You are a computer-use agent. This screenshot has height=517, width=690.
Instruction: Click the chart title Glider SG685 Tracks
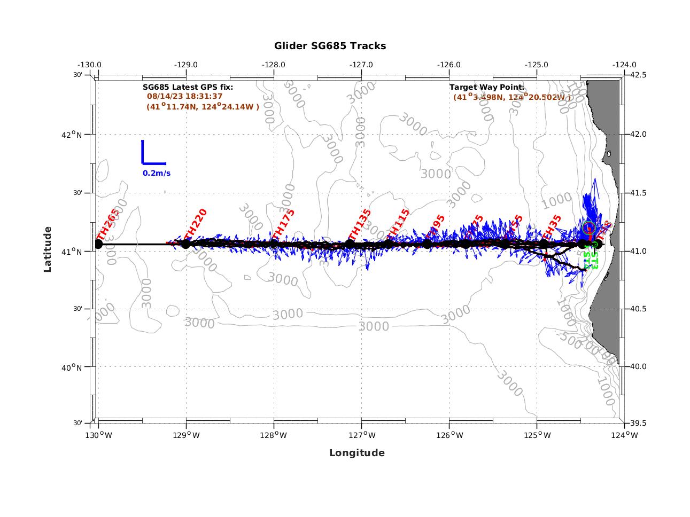point(330,46)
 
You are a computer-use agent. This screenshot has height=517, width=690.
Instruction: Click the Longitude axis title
point(356,453)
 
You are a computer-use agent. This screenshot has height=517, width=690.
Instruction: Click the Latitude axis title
point(48,249)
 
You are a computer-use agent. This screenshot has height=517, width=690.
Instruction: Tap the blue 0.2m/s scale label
point(157,173)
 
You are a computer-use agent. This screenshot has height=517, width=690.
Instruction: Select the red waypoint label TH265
point(107,224)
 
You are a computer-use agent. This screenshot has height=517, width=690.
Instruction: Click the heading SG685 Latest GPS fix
point(188,87)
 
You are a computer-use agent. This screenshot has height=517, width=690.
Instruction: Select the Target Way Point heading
point(486,87)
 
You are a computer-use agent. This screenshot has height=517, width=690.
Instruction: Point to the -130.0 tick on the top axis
point(89,65)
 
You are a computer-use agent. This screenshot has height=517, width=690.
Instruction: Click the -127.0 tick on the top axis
point(361,65)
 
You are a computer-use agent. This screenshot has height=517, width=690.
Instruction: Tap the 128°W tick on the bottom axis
point(274,435)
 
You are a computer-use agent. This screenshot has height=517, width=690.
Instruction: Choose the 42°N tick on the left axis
point(71,135)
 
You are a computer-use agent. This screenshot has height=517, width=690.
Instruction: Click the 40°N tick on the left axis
point(71,367)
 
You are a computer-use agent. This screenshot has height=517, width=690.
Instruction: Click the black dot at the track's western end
point(98,244)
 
